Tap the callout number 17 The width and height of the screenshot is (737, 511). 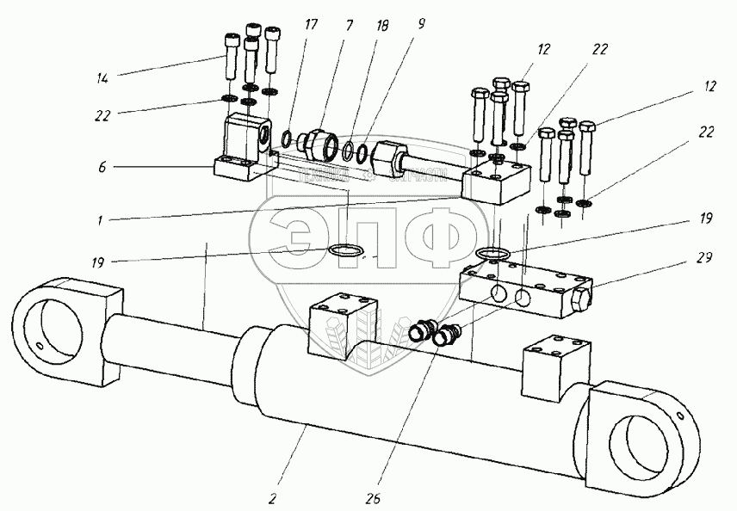coord(311,25)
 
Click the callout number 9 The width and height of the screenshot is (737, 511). coord(422,25)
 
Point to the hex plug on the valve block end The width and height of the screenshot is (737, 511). coord(582,302)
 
